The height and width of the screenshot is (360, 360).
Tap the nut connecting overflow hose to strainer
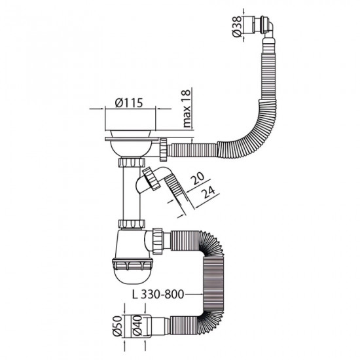pyautogui.click(x=162, y=150)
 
